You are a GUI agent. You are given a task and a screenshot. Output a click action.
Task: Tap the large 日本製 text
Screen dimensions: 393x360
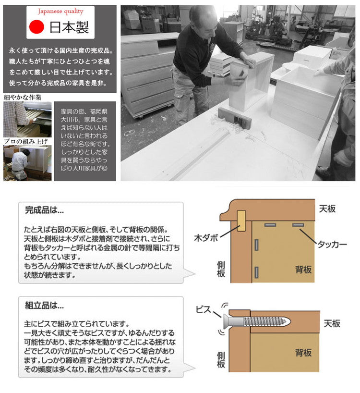tap(69, 26)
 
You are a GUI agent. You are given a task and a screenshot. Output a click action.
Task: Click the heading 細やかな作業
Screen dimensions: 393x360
tap(23, 97)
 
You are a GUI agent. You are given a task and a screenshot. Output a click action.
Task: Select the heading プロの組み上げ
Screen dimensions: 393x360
tap(25, 141)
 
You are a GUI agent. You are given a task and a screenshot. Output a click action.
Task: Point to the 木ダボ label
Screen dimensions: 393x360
tap(206, 237)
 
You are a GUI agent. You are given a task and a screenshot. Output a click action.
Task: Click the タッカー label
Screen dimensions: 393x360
tap(332, 244)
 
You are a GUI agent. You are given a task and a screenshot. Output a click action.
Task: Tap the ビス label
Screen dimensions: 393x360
tap(203, 309)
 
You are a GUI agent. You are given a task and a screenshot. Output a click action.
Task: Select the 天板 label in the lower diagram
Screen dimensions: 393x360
tap(331, 323)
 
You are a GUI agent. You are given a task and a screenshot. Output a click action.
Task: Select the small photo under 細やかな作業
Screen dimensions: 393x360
tap(27, 119)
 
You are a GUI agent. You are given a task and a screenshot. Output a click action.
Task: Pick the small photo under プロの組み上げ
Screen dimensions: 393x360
tap(27, 163)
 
